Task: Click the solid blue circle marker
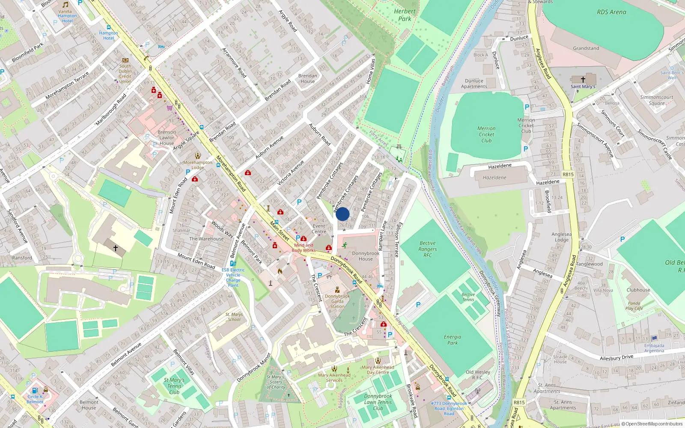tap(342, 214)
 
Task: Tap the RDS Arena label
tap(611, 12)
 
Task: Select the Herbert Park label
tap(404, 15)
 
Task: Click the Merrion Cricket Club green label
tap(486, 134)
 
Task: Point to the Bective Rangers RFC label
tap(427, 249)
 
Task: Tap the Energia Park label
tap(452, 340)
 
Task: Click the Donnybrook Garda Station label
tap(337, 301)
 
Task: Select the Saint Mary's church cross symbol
tap(583, 80)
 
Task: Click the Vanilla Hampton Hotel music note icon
tap(66, 5)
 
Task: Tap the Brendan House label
tap(307, 78)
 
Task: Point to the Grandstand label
tap(586, 48)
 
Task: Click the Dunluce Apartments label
tap(474, 83)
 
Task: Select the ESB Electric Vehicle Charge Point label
tap(233, 277)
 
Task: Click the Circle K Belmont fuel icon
tap(35, 390)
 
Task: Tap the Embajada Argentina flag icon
tap(654, 339)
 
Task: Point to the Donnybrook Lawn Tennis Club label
tap(378, 402)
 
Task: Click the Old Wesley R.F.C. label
tap(478, 374)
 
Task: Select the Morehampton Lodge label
tap(197, 165)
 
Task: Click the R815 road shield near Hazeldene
tap(568, 174)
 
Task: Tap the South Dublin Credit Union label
tap(125, 74)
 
